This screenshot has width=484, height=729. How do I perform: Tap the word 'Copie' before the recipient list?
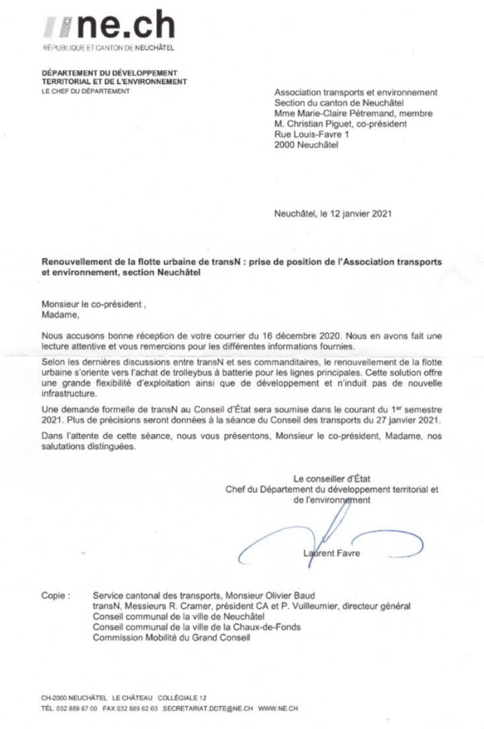pyautogui.click(x=55, y=594)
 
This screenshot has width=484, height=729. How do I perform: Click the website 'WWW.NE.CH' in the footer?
pyautogui.click(x=278, y=708)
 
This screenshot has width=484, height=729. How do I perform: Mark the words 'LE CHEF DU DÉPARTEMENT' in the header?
pyautogui.click(x=86, y=91)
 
